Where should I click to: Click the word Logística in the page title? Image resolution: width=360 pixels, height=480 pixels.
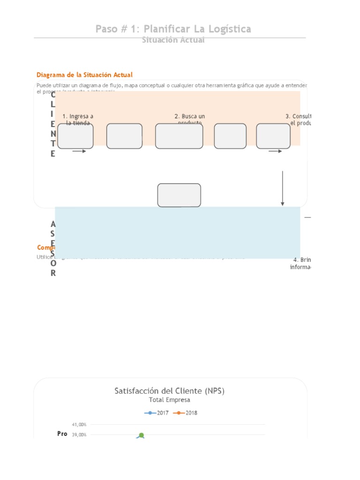227,29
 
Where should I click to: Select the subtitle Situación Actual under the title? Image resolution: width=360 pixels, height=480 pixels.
173,40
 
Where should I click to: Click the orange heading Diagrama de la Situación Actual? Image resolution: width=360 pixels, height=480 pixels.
84,75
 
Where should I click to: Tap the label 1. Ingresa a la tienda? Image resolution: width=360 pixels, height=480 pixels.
78,120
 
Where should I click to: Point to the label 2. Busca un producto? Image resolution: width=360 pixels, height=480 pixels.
189,120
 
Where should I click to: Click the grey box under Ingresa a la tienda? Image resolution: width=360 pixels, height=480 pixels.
75,136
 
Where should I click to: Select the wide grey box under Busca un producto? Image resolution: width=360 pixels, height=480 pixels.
179,136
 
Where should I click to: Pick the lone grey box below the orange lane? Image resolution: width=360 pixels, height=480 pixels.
179,195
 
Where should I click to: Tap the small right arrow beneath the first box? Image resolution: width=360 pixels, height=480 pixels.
79,151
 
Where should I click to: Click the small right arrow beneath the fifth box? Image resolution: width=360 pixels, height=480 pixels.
275,151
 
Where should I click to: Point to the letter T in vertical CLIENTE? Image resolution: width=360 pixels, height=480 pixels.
53,143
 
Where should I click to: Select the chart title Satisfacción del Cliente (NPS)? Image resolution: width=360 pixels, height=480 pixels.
169,390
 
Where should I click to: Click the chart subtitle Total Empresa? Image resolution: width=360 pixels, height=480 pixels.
169,400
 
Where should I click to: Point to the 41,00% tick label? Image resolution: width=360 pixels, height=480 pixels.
79,424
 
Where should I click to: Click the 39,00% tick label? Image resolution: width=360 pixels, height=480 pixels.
79,435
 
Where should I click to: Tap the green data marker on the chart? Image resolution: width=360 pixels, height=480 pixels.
141,435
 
